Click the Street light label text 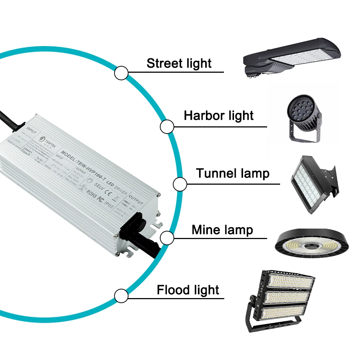179,63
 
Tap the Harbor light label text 219,116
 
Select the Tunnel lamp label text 233,173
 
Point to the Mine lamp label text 222,230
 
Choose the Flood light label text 188,290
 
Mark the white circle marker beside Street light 121,73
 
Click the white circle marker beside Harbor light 167,127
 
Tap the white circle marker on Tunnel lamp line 180,185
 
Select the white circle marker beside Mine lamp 167,238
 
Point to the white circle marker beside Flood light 121,296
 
